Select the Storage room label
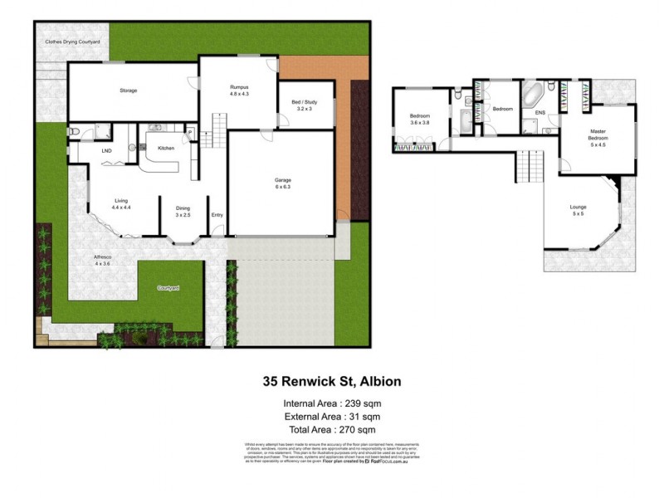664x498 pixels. [128, 90]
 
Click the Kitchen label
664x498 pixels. [167, 148]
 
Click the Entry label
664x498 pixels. [217, 215]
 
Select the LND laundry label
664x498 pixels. [106, 151]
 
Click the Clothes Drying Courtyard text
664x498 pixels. [72, 41]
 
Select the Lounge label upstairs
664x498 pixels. [578, 207]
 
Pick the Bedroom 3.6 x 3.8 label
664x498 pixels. [419, 119]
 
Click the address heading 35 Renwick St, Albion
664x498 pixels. [332, 383]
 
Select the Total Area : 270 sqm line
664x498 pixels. [332, 429]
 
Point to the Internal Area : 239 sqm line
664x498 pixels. [332, 404]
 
